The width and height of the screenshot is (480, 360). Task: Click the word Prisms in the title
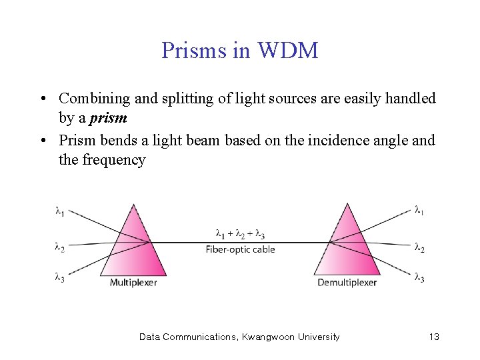point(190,50)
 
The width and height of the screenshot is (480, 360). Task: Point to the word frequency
point(113,160)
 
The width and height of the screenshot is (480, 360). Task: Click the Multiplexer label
point(133,282)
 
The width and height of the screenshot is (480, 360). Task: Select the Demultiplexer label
point(347,282)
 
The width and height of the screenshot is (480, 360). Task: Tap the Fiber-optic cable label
point(240,249)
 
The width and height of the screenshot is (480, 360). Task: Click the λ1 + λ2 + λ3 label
point(240,234)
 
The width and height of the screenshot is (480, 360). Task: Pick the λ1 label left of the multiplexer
point(59,211)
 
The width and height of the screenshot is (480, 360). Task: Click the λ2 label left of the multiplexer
point(59,247)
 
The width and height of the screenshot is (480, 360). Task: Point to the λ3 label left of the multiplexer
point(59,277)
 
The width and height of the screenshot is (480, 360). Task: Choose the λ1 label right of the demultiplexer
point(419,211)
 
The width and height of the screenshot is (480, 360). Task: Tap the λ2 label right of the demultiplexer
point(419,247)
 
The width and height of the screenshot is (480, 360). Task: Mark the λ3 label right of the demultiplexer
point(419,277)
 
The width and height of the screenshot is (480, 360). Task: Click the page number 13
point(434,337)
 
